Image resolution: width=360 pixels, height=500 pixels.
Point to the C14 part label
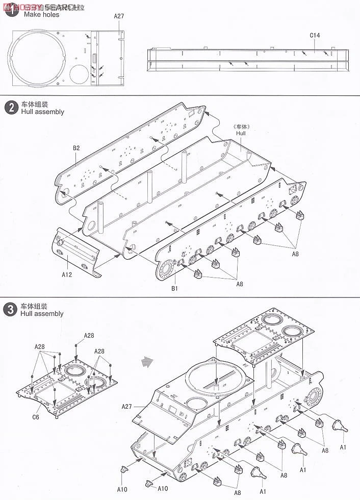coord(315,36)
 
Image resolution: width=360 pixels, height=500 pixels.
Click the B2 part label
coord(76,148)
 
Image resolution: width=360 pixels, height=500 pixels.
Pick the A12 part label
coord(67,274)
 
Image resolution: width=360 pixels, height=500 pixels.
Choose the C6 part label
coord(35,417)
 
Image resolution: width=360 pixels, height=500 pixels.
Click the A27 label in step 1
coord(119,16)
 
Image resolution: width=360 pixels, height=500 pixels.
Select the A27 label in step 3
coord(127,407)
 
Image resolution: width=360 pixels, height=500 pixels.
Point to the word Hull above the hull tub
coord(241,133)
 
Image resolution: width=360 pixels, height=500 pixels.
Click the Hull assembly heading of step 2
coord(43,112)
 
